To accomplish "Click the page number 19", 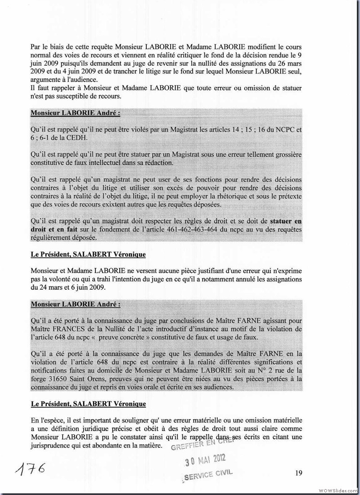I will pyautogui.click(x=299, y=472).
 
